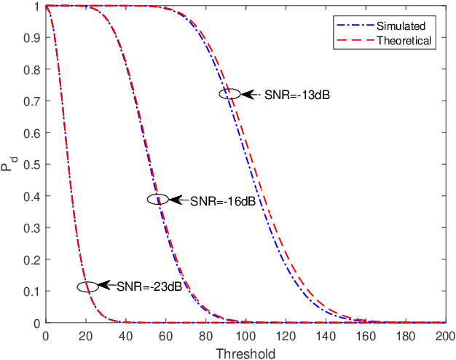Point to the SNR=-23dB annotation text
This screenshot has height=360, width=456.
[x=149, y=287]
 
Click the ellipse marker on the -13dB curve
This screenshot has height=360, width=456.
[x=229, y=93]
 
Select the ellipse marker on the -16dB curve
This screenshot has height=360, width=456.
[x=158, y=199]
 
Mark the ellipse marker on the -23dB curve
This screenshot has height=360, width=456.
[x=87, y=286]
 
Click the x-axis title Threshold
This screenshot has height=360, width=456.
[x=245, y=353]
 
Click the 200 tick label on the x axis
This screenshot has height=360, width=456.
[x=445, y=336]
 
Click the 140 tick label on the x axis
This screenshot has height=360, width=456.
[x=326, y=336]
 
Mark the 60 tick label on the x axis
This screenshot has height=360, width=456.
[x=165, y=336]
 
